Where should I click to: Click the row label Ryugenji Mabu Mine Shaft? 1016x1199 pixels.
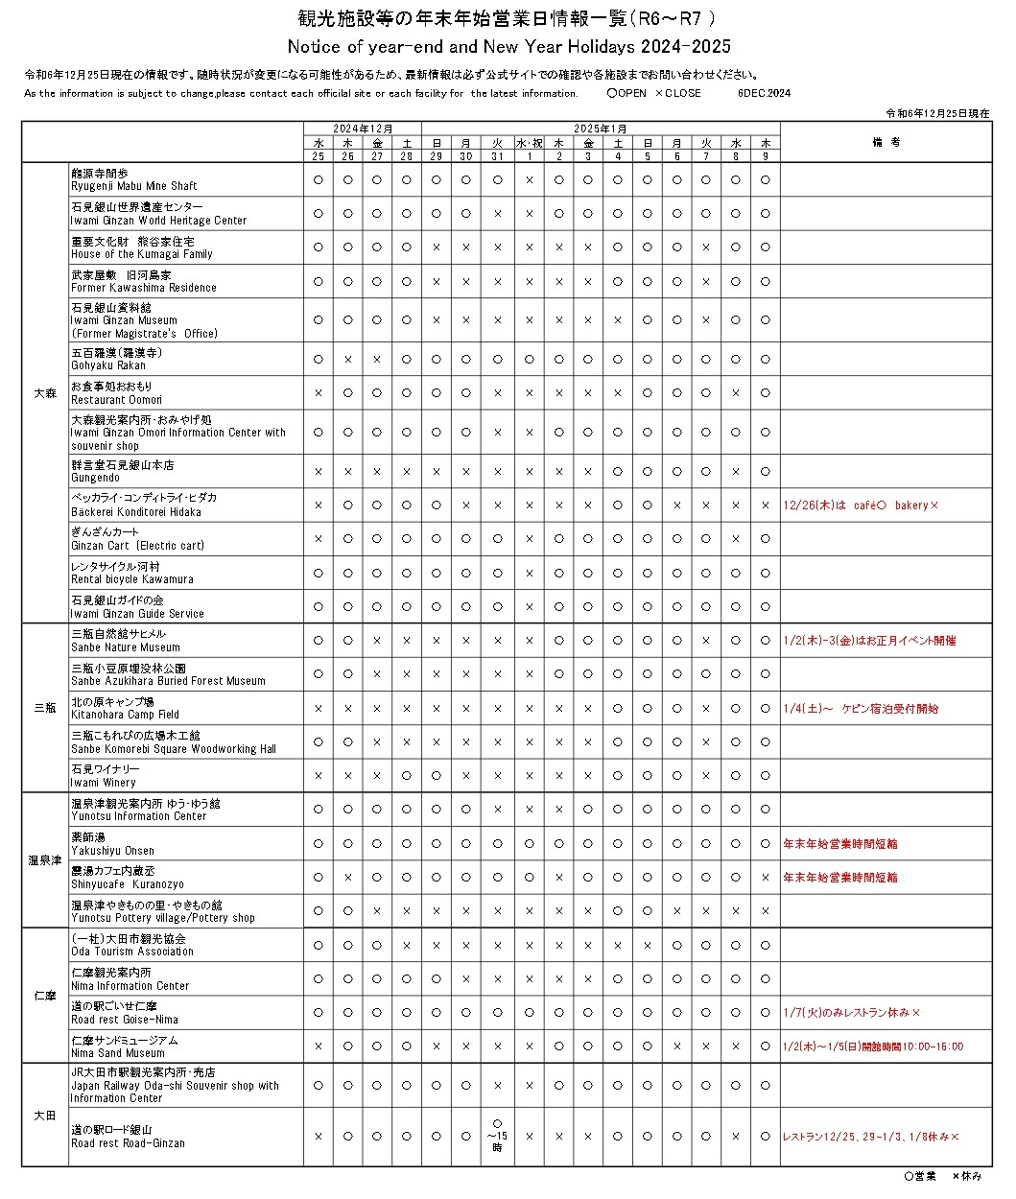(x=133, y=179)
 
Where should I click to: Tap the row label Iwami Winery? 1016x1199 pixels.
(x=105, y=776)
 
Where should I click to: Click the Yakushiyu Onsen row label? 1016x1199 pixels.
(x=112, y=844)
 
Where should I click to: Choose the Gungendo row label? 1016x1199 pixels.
(x=122, y=471)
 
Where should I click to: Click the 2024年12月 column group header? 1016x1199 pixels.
(x=363, y=129)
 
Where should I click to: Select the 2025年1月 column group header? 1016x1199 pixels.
(x=601, y=129)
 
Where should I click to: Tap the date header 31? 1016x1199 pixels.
(x=497, y=156)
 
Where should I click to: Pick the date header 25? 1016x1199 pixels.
(x=319, y=156)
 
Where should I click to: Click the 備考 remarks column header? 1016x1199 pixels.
(x=885, y=142)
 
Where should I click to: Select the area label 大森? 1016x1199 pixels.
(x=45, y=393)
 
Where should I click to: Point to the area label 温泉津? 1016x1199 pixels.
(x=45, y=860)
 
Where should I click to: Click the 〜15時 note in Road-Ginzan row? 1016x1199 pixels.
(x=497, y=1136)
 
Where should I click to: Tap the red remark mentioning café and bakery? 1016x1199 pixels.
(x=861, y=505)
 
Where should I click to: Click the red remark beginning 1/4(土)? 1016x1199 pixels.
(x=861, y=709)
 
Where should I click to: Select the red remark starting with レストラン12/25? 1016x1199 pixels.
(x=870, y=1137)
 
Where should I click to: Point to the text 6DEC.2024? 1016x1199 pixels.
(x=764, y=94)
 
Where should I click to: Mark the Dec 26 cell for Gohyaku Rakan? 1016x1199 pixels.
(x=348, y=359)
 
